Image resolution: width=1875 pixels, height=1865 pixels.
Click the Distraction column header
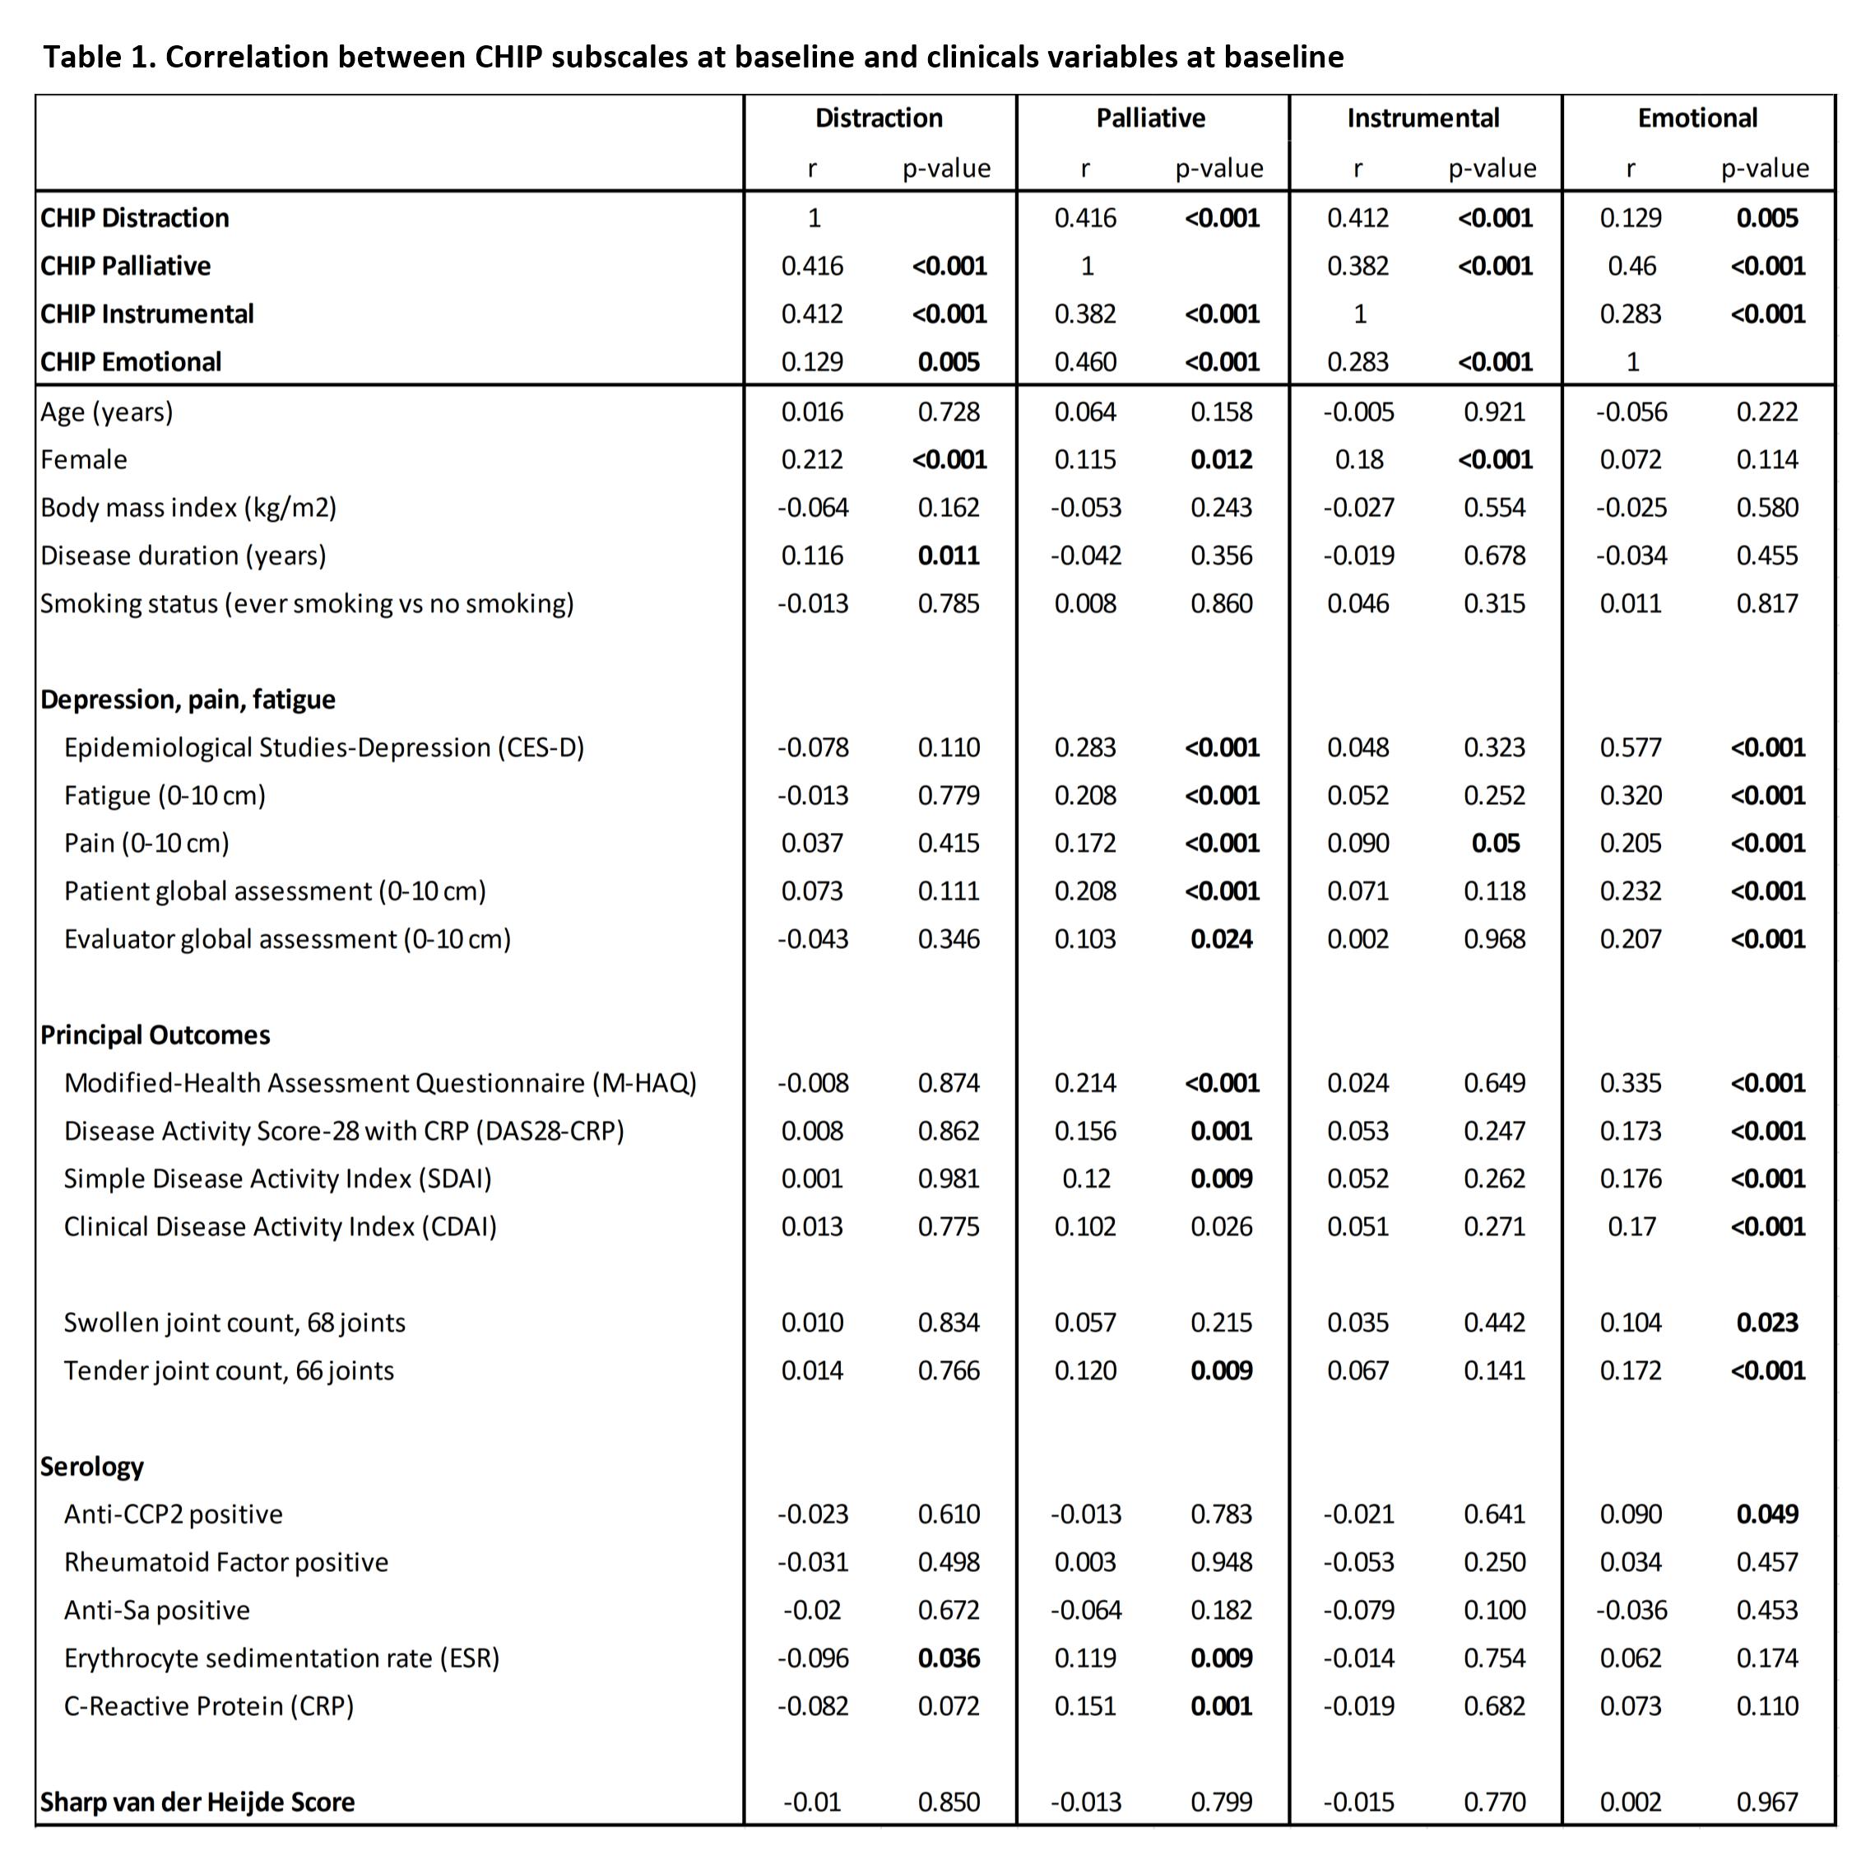879,119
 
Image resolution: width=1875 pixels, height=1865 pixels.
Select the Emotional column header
1697,119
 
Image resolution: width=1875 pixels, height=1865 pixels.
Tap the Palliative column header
1151,119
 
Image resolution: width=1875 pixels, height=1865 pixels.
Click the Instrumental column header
1422,119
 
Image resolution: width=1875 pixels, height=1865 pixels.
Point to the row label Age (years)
107,412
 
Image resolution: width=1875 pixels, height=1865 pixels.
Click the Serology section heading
92,1466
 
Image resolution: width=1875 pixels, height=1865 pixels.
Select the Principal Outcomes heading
155,1035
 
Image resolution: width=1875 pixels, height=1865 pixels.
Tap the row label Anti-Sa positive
156,1610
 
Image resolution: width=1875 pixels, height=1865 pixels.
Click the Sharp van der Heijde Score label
198,1802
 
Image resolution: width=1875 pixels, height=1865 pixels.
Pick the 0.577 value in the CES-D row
1631,747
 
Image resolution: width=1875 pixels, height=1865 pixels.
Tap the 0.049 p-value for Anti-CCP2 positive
1767,1514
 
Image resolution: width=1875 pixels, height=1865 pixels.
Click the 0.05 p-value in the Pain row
1495,843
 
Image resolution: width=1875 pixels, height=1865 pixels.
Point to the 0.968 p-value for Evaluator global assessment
1495,939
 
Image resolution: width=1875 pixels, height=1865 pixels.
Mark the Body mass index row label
188,508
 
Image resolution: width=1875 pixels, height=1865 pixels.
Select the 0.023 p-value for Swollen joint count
1767,1323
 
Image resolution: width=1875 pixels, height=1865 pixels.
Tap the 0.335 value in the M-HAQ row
1631,1082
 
